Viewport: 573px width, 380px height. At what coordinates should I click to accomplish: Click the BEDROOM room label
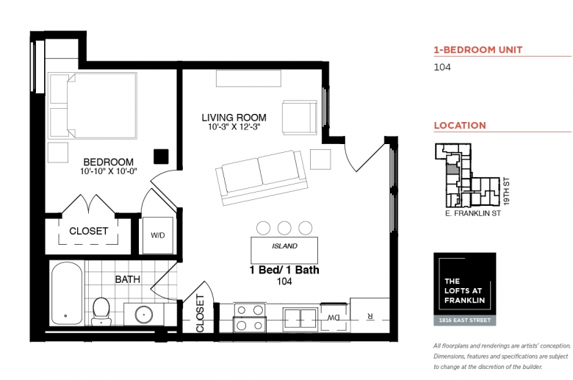tap(108, 162)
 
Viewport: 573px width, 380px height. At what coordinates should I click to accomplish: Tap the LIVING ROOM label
tap(234, 118)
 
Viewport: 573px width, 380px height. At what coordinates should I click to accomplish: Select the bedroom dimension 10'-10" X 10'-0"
tap(109, 171)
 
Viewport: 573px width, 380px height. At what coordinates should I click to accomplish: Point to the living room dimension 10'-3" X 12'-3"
tap(234, 127)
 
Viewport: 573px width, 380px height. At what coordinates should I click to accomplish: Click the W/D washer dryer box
tap(158, 235)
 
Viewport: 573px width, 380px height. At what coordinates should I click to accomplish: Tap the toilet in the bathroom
tap(101, 311)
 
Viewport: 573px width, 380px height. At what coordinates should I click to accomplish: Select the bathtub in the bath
tap(67, 293)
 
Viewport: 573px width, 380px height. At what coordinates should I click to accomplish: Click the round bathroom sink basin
tap(144, 314)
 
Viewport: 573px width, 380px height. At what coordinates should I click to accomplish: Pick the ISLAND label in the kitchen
tap(284, 246)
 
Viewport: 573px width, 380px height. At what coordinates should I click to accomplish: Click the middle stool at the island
tap(284, 228)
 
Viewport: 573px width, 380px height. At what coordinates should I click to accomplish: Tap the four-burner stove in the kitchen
tap(250, 318)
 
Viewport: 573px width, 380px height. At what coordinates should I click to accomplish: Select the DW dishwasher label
tap(334, 318)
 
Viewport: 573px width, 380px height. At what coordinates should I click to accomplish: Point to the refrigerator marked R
tap(370, 315)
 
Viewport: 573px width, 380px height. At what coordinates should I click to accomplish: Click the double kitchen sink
tap(300, 319)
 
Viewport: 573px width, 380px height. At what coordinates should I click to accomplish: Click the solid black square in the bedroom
tap(161, 156)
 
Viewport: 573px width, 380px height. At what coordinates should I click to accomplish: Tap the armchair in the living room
tap(299, 118)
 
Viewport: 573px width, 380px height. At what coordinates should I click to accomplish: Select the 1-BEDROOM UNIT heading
tap(478, 50)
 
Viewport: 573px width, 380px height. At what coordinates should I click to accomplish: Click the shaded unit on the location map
tap(452, 168)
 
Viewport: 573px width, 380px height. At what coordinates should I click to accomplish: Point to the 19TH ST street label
tap(506, 191)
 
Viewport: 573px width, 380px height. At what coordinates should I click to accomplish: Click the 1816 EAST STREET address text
tap(464, 320)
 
